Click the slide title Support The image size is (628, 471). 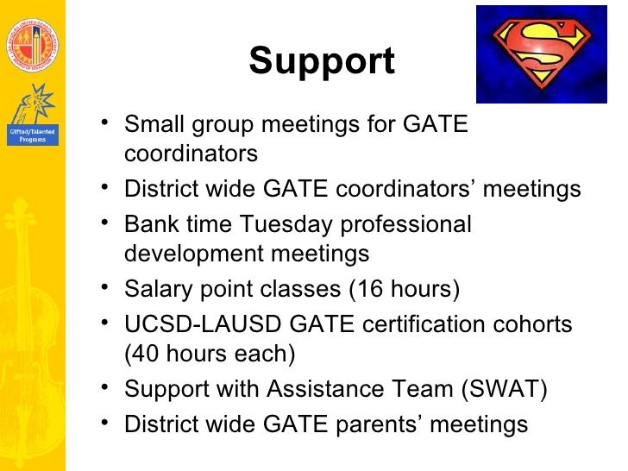(x=321, y=61)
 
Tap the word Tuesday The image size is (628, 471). (x=285, y=224)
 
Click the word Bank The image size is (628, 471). (x=151, y=224)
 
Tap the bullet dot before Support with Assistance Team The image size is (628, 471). (x=104, y=387)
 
